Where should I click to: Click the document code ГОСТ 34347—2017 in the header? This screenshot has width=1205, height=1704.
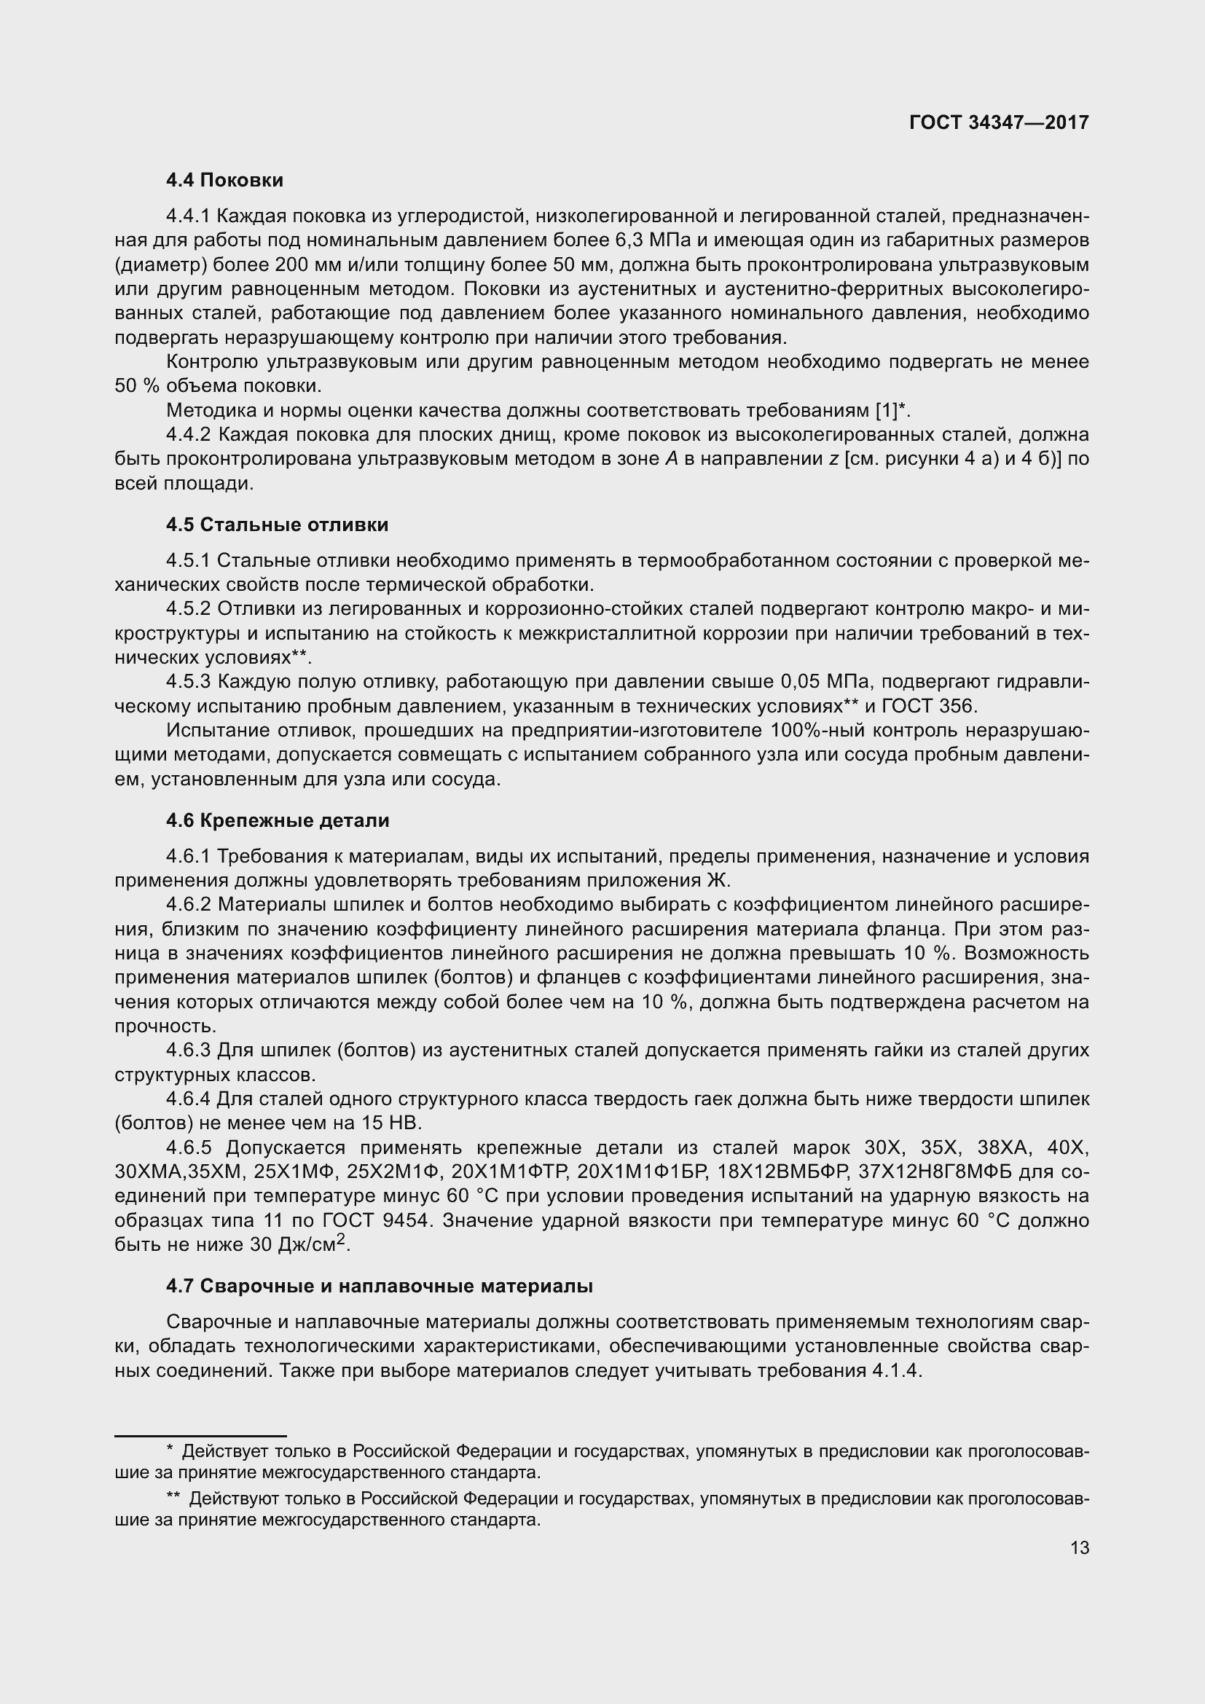point(999,122)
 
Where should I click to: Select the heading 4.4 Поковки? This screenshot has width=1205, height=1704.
point(224,181)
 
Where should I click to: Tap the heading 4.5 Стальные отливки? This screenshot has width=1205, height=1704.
point(277,525)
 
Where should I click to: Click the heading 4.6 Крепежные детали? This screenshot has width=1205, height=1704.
point(278,820)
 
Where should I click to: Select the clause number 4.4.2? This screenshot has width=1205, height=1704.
point(190,434)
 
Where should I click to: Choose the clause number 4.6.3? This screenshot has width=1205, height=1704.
point(190,1051)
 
